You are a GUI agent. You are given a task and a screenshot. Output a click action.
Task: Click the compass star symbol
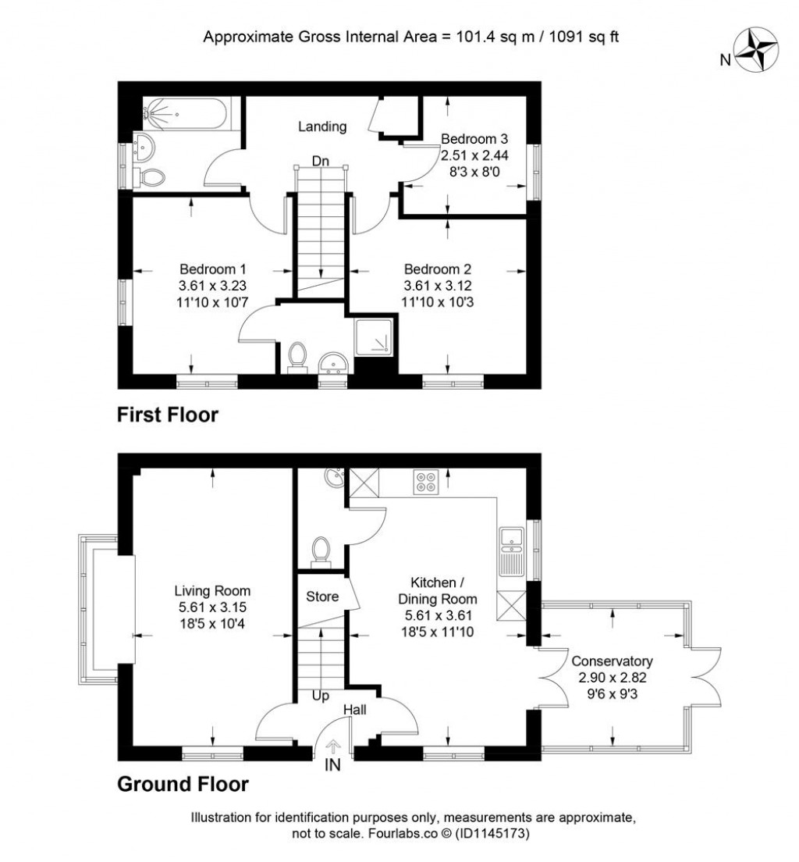[757, 51]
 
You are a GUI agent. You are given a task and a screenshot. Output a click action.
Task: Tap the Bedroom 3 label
[474, 138]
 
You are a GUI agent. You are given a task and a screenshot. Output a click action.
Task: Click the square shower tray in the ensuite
[374, 337]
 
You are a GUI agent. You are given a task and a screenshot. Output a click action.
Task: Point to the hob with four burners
[426, 482]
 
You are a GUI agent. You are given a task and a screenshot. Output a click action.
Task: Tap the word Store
[322, 597]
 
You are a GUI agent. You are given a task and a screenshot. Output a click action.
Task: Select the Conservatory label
[613, 661]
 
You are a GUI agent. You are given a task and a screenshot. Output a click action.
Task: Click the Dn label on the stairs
[321, 161]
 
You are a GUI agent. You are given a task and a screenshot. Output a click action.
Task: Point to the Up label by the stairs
[321, 696]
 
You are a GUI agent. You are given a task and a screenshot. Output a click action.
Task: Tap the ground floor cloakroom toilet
[321, 551]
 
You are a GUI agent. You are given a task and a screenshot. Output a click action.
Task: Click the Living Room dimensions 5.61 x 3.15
[212, 607]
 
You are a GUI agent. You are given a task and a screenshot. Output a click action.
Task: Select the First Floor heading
[168, 415]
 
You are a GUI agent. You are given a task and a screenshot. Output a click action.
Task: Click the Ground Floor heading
[183, 784]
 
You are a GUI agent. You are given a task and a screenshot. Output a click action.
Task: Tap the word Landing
[322, 127]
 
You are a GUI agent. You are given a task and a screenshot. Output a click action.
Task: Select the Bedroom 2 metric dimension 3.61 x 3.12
[438, 286]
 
